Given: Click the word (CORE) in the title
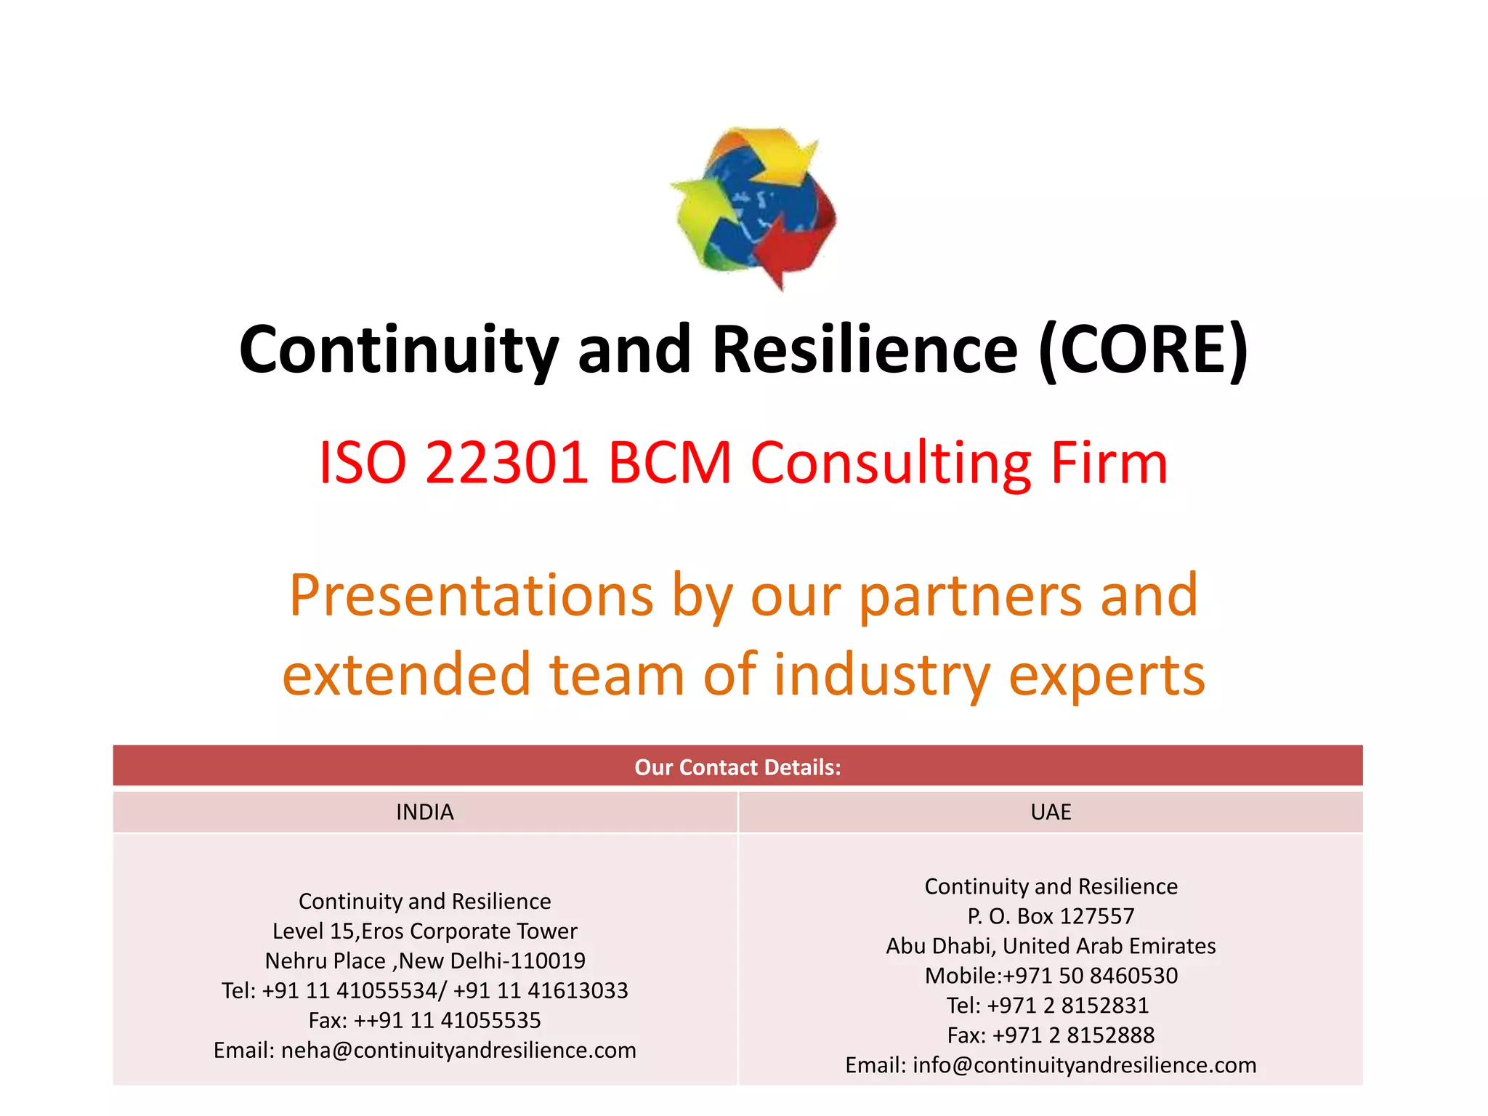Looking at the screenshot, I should click(1143, 349).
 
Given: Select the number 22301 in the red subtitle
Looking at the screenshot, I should click(506, 463).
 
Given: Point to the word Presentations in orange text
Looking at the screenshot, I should click(471, 595).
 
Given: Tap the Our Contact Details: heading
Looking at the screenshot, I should click(737, 767).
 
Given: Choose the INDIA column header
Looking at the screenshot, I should click(425, 812).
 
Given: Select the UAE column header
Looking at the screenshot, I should click(1051, 812).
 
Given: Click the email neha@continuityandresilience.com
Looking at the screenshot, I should click(458, 1050).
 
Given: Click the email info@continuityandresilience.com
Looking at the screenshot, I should click(1084, 1065).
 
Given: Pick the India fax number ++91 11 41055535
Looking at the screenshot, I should click(447, 1020).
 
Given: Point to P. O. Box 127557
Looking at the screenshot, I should click(1051, 916).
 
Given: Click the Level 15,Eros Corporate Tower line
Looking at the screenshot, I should click(425, 931).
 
